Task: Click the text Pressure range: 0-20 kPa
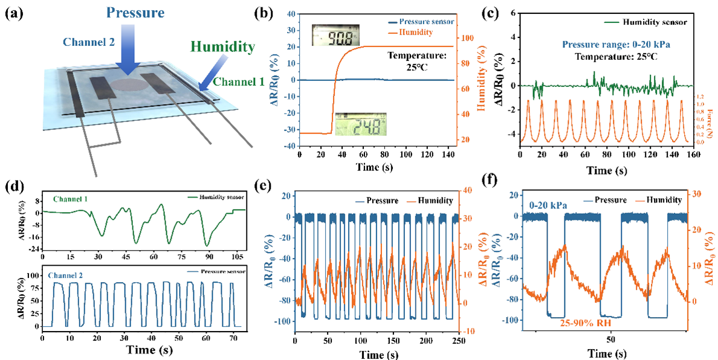coord(610,45)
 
